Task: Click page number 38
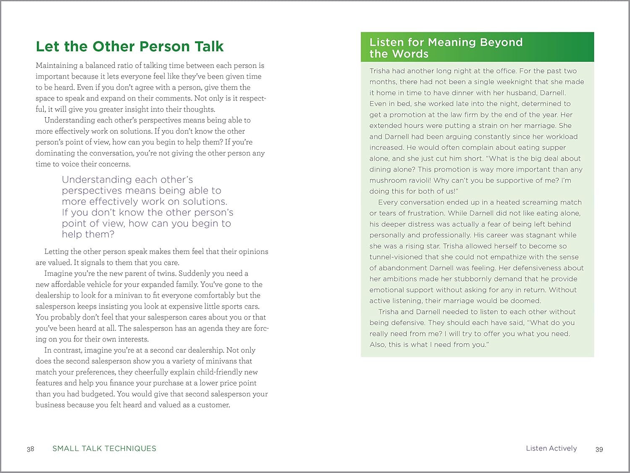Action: (x=30, y=449)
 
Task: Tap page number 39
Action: (x=599, y=449)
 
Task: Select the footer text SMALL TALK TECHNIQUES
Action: (x=104, y=449)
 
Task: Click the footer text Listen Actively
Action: (x=551, y=449)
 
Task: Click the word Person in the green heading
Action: (x=158, y=46)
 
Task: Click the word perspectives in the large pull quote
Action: (x=91, y=190)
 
